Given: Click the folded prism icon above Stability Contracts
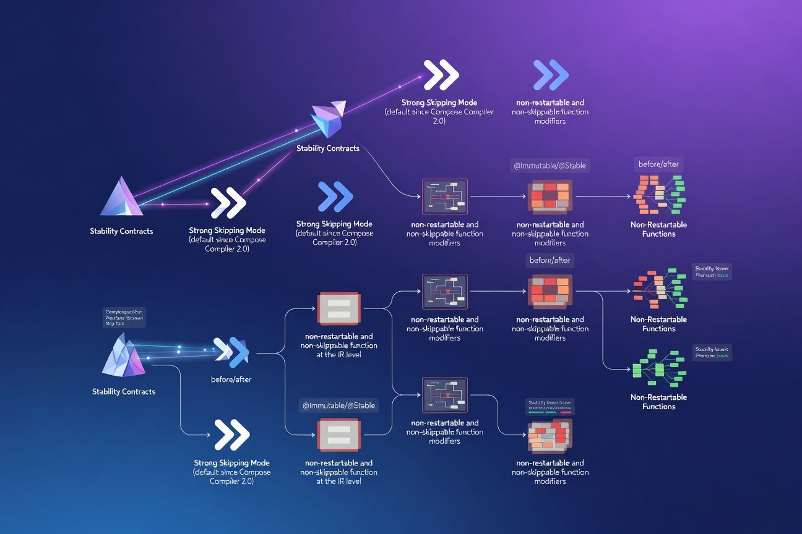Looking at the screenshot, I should pyautogui.click(x=328, y=119).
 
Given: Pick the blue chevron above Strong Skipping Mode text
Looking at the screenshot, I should pyautogui.click(x=334, y=198).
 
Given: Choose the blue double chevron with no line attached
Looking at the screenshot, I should pyautogui.click(x=550, y=76).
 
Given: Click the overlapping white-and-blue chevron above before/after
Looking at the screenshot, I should pyautogui.click(x=231, y=352).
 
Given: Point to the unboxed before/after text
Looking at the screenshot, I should pyautogui.click(x=231, y=379).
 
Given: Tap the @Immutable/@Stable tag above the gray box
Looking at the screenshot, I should pyautogui.click(x=338, y=405).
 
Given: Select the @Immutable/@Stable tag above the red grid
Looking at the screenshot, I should pyautogui.click(x=550, y=165).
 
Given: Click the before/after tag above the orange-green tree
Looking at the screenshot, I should pyautogui.click(x=658, y=164).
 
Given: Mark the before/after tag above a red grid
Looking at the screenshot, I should pyautogui.click(x=550, y=260).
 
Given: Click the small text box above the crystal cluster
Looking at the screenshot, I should pyautogui.click(x=124, y=317).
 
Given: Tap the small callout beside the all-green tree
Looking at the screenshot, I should pyautogui.click(x=712, y=352).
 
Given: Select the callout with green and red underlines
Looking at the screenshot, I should pyautogui.click(x=550, y=405).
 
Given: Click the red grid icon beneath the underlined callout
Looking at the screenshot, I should pyautogui.click(x=550, y=436).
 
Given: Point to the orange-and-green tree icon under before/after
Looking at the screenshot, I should pyautogui.click(x=659, y=195).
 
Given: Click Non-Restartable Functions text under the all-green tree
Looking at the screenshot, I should pyautogui.click(x=658, y=402).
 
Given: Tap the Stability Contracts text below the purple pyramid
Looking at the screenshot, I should pyautogui.click(x=121, y=231).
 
